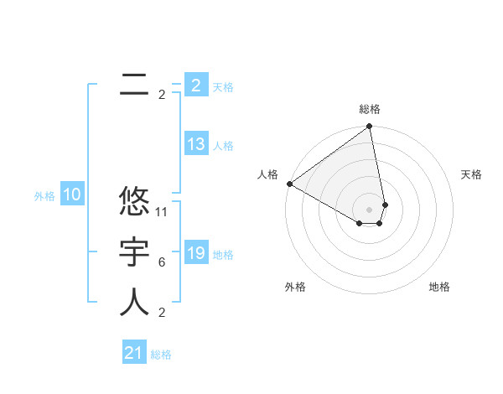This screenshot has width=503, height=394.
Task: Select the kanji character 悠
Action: (x=134, y=203)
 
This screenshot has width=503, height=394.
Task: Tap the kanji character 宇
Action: (x=134, y=252)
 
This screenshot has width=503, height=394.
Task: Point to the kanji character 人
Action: (x=134, y=303)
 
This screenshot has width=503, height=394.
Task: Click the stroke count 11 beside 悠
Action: (x=163, y=212)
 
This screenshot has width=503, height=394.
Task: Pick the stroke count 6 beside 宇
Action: (x=162, y=262)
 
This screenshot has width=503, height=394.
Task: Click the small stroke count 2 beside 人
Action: (x=162, y=313)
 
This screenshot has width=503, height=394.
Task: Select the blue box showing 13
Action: (x=196, y=144)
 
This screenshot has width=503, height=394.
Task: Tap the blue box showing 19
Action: (x=196, y=253)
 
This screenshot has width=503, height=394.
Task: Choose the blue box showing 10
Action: (x=72, y=195)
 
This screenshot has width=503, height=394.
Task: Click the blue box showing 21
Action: (x=134, y=353)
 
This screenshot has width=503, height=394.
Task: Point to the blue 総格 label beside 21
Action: (x=161, y=355)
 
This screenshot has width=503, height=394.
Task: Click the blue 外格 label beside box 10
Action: (x=44, y=196)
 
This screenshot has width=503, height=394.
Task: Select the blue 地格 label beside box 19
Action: (x=224, y=255)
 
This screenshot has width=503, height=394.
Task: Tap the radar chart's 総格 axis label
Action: (x=370, y=110)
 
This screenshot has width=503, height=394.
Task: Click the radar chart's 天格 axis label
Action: (x=472, y=174)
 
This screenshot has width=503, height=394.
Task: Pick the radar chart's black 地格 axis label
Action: (x=439, y=287)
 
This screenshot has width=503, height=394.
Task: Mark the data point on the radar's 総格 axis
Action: (x=369, y=127)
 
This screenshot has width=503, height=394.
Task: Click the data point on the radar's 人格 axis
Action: (x=289, y=184)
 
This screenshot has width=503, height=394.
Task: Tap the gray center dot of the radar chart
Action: (x=369, y=209)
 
